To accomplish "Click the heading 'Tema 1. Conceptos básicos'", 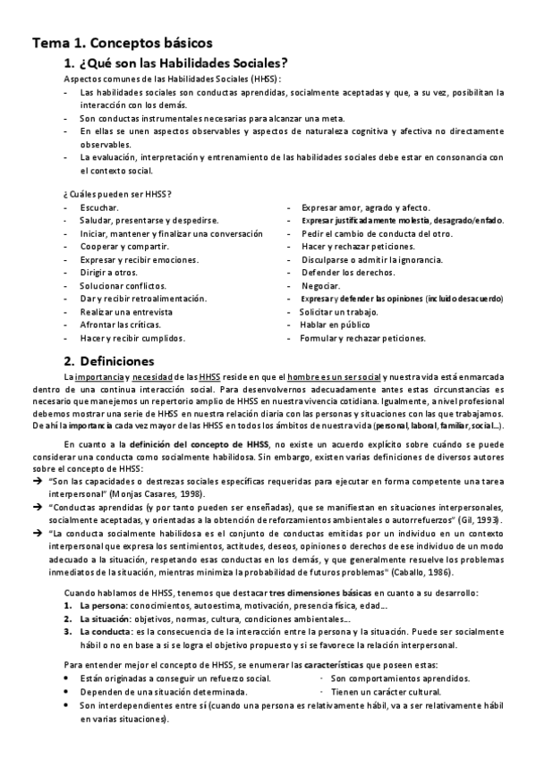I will point(122,42).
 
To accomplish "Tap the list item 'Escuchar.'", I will point(98,207).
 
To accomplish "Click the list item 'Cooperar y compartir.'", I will point(123,246).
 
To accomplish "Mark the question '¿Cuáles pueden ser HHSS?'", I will point(117,194).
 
